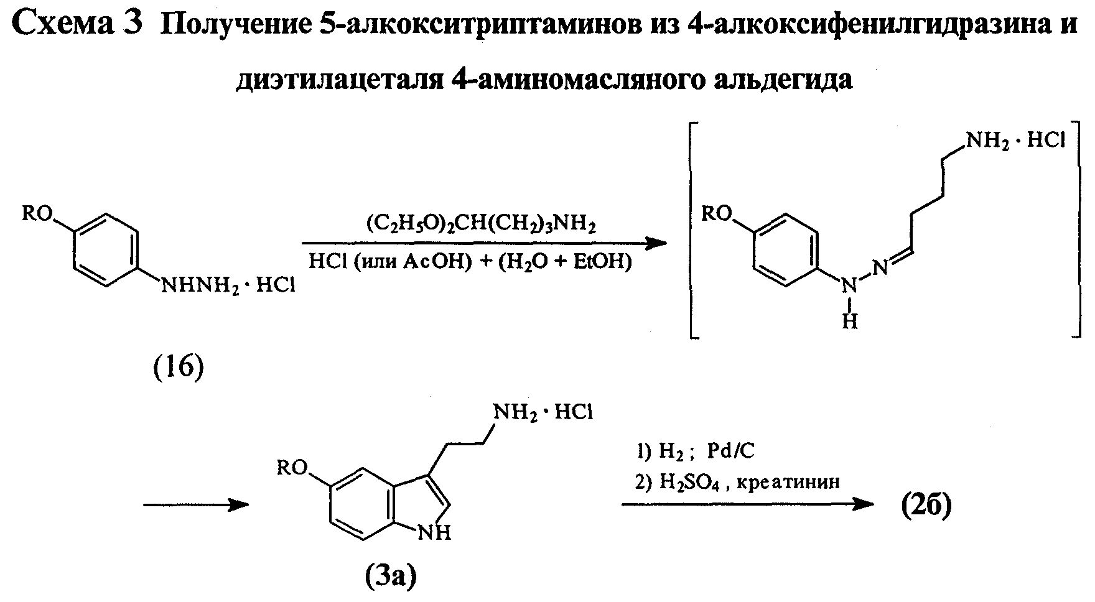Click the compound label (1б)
(179, 369)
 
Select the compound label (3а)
(389, 577)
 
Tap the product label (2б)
(926, 507)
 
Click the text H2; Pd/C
(706, 451)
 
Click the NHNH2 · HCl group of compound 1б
(228, 287)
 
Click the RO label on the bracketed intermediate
(715, 214)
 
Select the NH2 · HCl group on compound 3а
(543, 412)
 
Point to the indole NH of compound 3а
(437, 533)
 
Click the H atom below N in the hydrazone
(850, 321)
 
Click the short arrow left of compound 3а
(197, 505)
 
